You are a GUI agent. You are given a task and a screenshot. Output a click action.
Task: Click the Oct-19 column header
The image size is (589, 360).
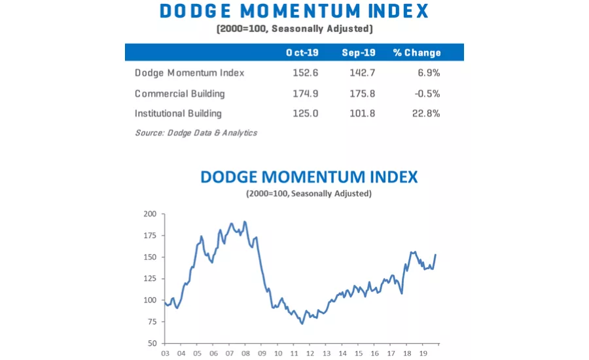(x=301, y=52)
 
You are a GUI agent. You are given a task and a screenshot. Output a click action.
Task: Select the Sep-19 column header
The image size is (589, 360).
(x=358, y=52)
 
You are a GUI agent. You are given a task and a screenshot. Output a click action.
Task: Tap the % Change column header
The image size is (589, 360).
(x=417, y=52)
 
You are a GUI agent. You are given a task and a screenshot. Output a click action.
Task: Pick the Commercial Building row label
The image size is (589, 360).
(x=179, y=93)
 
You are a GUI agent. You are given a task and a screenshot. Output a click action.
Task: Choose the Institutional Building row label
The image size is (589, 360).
(x=178, y=113)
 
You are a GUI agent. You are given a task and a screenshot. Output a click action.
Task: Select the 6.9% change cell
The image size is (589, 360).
(x=429, y=73)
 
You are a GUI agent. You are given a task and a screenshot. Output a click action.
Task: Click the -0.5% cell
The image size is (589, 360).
(x=427, y=93)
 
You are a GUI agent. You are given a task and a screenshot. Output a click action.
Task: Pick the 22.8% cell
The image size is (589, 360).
(x=426, y=113)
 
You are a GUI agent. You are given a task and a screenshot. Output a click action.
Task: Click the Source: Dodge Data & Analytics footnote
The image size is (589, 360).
(x=196, y=133)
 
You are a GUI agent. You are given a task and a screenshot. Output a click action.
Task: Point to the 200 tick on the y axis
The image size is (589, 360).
(x=151, y=214)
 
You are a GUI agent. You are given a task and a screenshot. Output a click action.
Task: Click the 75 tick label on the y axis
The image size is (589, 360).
(x=152, y=321)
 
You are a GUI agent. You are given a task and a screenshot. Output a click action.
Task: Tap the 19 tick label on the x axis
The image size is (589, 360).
(x=423, y=353)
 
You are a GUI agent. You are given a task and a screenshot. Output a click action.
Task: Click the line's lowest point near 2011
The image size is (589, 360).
(x=302, y=323)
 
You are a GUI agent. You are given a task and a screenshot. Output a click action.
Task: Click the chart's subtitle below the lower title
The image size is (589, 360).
(x=309, y=194)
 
